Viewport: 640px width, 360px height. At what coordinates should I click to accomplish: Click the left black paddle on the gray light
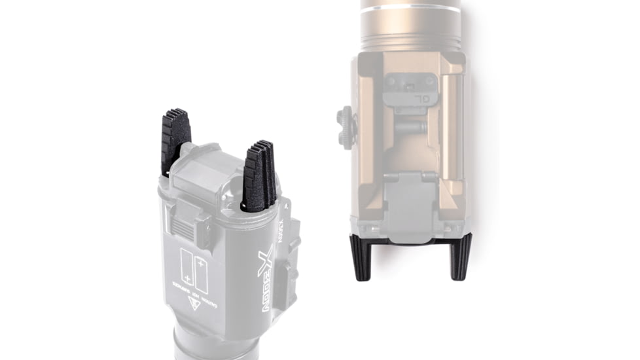(175, 139)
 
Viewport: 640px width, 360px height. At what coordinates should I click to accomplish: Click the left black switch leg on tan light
(361, 256)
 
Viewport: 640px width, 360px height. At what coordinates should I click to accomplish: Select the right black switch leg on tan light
(460, 256)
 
